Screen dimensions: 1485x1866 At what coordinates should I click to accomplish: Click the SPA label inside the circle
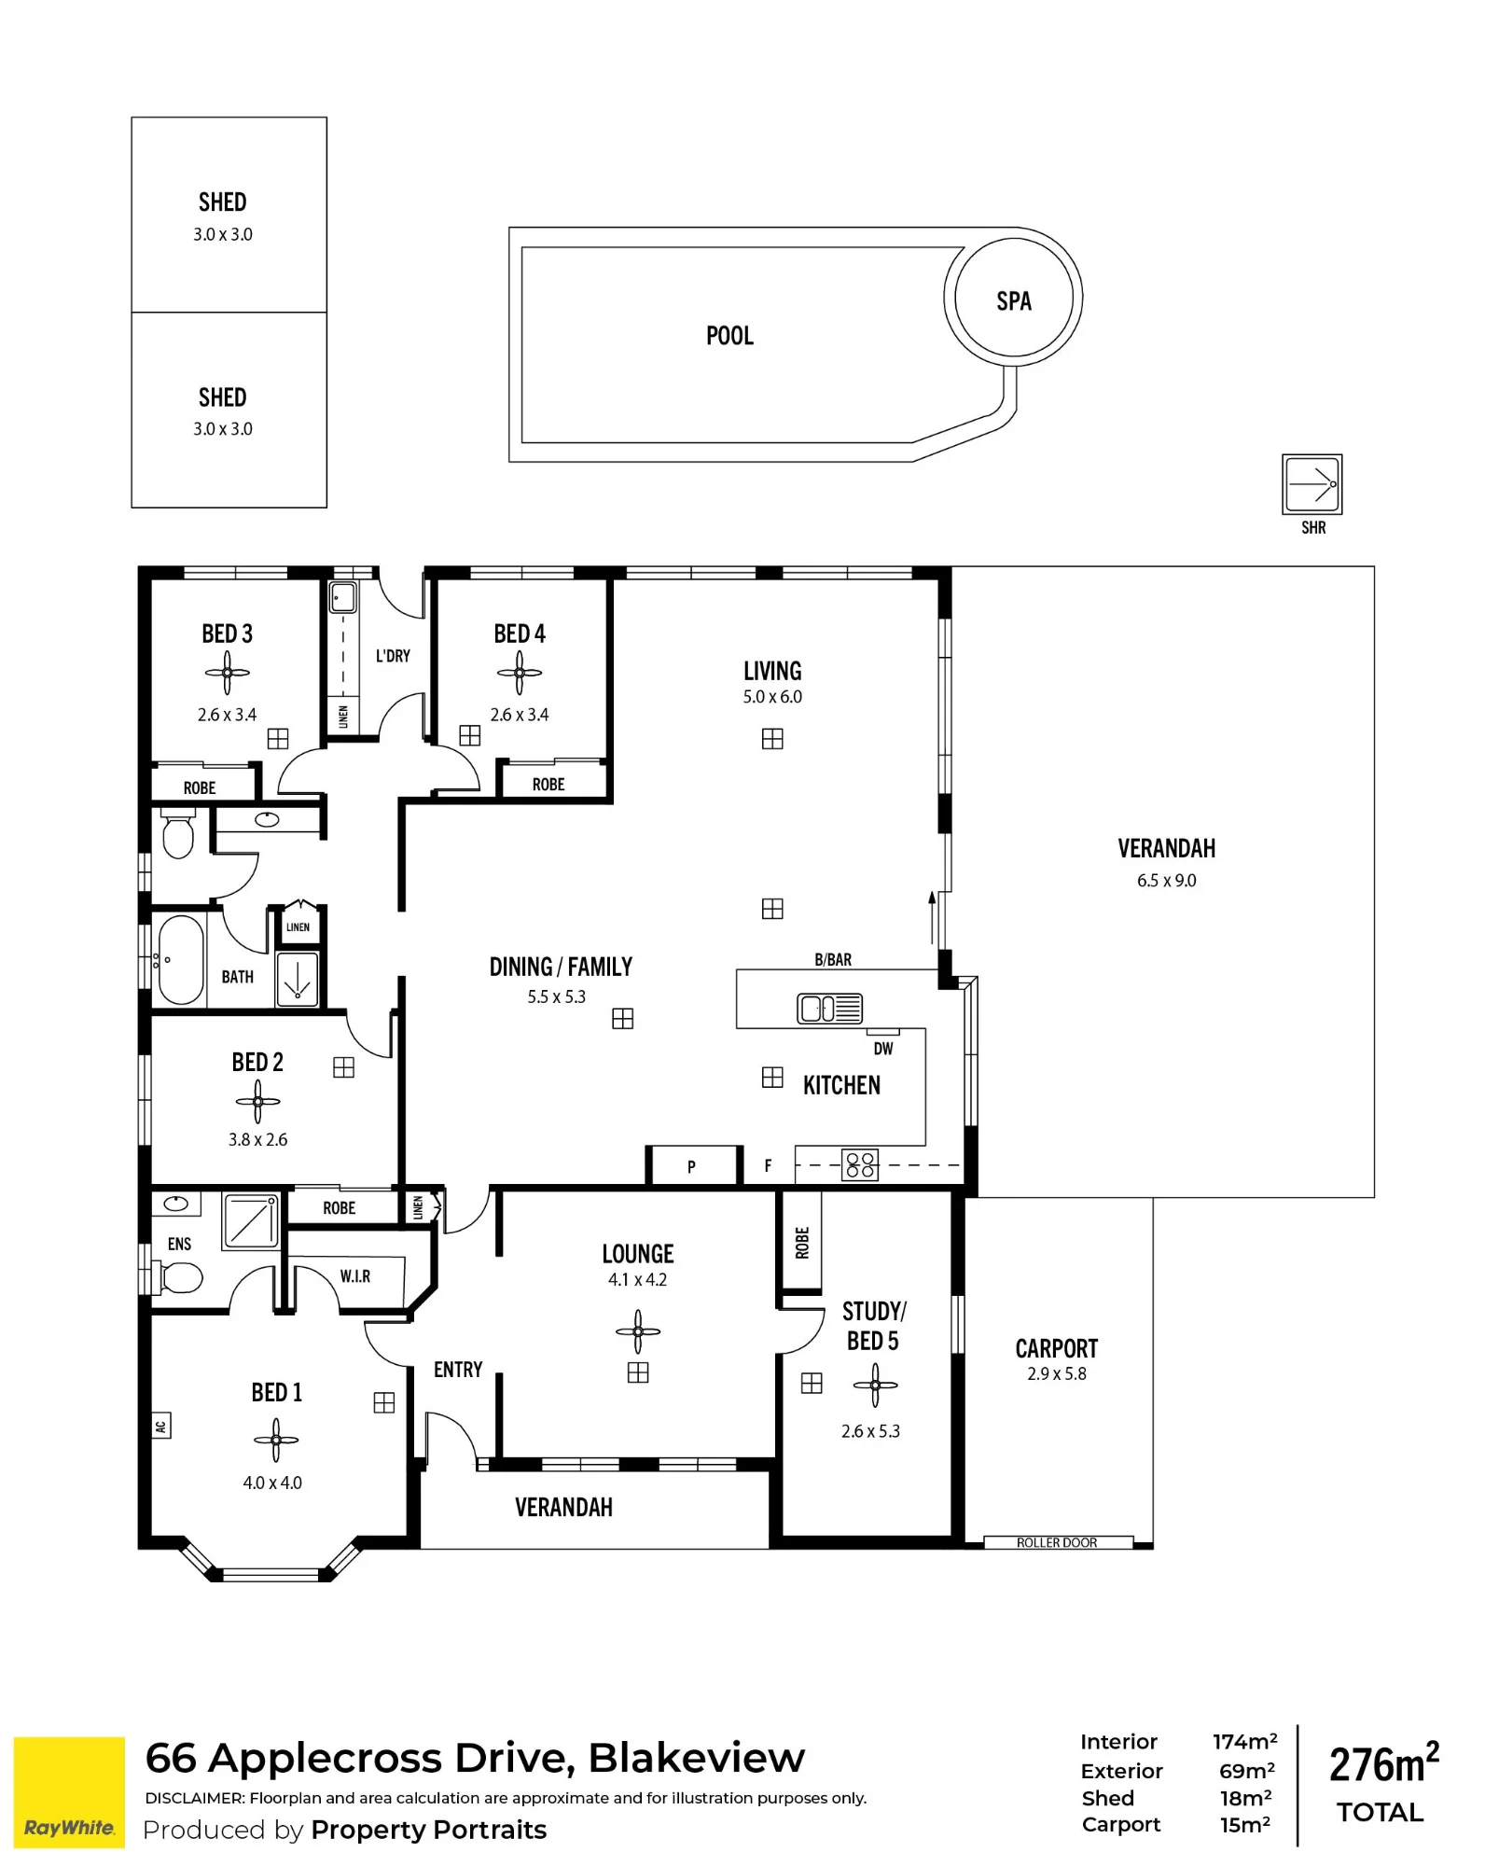coord(1014,301)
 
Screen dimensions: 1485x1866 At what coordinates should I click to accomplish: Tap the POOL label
coord(729,336)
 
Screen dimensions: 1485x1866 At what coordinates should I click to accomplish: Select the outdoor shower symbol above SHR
coord(1312,484)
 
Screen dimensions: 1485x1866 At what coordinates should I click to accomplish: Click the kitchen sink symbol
coord(829,1009)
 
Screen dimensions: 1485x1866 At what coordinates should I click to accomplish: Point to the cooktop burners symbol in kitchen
coord(860,1165)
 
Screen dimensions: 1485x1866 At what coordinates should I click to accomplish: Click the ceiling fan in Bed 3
coord(228,673)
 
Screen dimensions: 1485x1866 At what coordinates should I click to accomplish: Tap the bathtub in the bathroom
coord(180,959)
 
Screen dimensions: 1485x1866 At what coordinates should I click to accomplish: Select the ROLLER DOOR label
coord(1057,1543)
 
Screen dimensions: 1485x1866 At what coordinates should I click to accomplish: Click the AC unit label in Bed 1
coord(161,1426)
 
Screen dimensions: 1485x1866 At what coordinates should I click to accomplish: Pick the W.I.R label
coord(355,1276)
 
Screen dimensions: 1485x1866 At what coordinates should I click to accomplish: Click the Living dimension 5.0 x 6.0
coord(772,697)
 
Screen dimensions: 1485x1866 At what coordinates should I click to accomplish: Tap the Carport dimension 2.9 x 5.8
coord(1057,1374)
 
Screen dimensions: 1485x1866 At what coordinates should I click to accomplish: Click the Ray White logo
coord(69,1792)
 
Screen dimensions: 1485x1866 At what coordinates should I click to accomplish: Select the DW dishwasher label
coord(883,1049)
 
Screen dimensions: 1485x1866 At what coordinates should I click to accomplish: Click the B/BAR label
coord(833,960)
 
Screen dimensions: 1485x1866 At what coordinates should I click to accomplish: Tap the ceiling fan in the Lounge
coord(638,1331)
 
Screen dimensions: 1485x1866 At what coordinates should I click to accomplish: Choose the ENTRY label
coord(458,1370)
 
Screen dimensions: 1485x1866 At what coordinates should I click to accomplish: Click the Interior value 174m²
coord(1245,1741)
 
